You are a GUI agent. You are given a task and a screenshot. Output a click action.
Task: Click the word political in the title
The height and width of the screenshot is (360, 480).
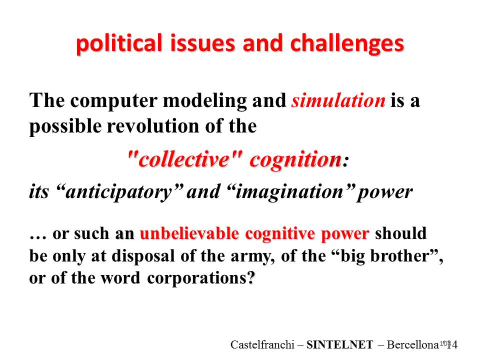(119, 43)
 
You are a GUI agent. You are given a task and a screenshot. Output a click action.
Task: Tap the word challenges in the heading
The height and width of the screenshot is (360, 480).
(347, 43)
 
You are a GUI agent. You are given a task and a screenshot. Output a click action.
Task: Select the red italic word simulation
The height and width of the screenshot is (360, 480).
(338, 100)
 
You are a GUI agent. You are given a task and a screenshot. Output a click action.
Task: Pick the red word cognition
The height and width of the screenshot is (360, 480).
(295, 160)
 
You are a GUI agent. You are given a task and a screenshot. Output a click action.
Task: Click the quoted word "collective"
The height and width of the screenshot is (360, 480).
(184, 159)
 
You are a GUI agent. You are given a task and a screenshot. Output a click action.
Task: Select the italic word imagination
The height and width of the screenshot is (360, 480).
(290, 192)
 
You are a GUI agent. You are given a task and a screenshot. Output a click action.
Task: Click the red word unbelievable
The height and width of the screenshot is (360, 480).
(189, 233)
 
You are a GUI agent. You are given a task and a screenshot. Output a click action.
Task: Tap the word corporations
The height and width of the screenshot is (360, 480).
(196, 278)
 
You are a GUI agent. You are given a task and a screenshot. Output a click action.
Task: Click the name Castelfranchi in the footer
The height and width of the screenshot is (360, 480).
(262, 344)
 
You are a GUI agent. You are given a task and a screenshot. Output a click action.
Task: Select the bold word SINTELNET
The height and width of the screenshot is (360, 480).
(340, 344)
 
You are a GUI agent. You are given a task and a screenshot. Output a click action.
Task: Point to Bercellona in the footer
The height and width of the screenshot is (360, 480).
(412, 344)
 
